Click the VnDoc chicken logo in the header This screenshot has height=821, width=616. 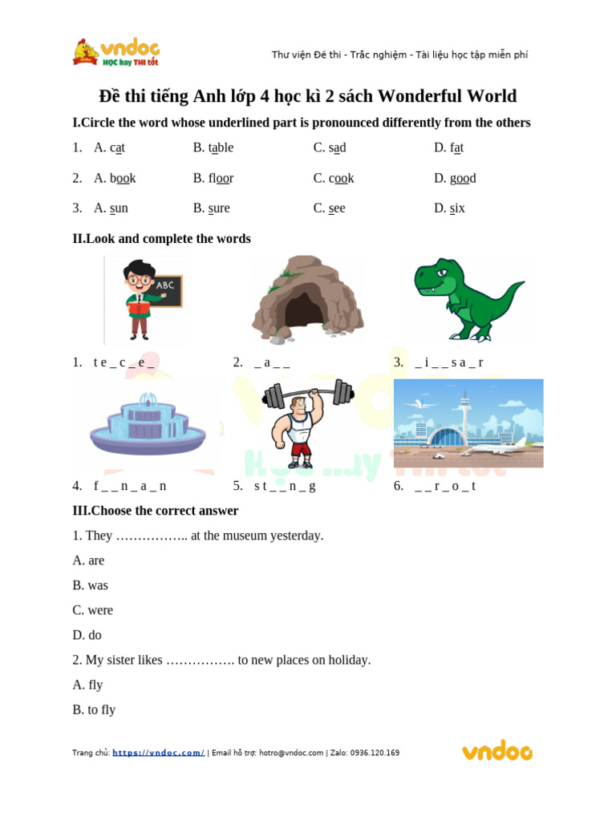86,53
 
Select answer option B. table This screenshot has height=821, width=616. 213,148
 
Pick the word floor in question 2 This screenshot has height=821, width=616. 221,178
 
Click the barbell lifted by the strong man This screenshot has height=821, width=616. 308,394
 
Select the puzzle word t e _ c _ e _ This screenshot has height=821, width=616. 124,362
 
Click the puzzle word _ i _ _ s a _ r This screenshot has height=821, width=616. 449,362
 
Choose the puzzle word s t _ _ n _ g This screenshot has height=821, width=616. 285,486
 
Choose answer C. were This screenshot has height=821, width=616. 92,610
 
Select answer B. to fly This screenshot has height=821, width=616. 94,710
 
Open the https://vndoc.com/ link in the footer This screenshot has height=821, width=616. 158,753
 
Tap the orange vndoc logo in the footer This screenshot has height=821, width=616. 496,751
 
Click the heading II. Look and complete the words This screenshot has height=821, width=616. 161,239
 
